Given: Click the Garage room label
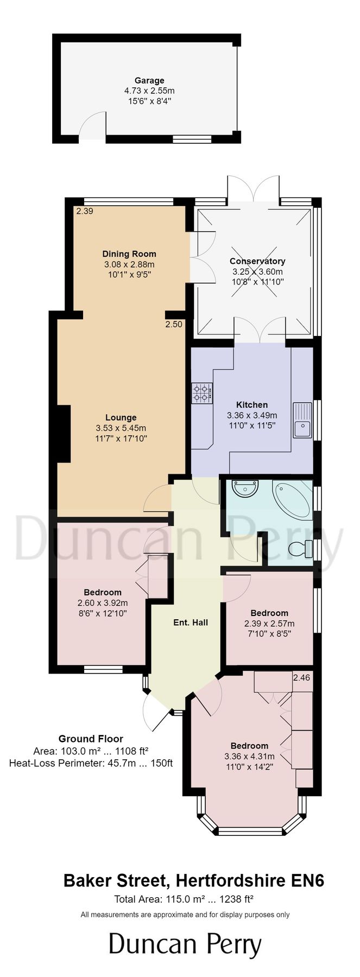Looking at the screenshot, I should [149, 81].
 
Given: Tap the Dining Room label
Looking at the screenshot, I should [129, 253].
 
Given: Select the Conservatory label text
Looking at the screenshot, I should [257, 261].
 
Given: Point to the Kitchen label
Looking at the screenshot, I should [252, 405].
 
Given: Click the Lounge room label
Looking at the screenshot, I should [121, 417].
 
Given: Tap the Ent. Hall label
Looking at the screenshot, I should [191, 623].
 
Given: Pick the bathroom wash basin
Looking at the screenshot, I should [244, 489].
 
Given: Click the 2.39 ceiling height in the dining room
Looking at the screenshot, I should [85, 212].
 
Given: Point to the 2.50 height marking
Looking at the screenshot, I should [174, 325].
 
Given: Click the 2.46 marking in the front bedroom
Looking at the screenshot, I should [301, 677].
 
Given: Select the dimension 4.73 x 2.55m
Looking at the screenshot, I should [149, 91].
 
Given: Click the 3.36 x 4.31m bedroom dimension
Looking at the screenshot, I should [249, 756].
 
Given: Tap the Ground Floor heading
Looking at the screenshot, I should [91, 739].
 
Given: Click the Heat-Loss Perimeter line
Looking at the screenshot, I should [91, 763].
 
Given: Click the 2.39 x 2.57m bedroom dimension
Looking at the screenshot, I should [269, 624].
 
